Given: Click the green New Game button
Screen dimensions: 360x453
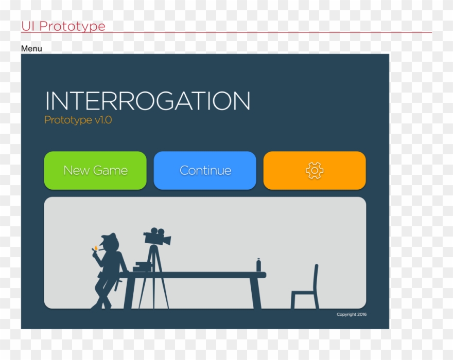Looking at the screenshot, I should point(95,170).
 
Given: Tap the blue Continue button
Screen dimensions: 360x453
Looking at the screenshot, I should point(205,170).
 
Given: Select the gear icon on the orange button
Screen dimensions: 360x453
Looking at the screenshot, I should point(315,170).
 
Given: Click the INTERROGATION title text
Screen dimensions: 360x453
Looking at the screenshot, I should point(148,101).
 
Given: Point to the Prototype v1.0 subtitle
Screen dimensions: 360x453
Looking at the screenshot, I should point(78,120).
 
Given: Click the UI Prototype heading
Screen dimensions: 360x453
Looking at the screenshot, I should point(63,26).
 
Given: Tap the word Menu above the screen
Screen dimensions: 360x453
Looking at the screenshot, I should point(31,49).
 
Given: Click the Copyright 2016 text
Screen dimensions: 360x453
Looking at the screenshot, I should point(352,314).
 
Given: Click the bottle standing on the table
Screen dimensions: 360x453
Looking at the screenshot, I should point(258,265).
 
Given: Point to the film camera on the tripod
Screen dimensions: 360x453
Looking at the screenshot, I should point(156,237).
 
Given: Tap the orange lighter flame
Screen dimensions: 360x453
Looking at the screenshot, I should point(95,248).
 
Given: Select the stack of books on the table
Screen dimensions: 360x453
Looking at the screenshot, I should point(143,267).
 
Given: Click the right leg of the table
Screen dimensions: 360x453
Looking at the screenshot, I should point(255,293).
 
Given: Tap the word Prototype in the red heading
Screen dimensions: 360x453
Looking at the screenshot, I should point(72,26).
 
